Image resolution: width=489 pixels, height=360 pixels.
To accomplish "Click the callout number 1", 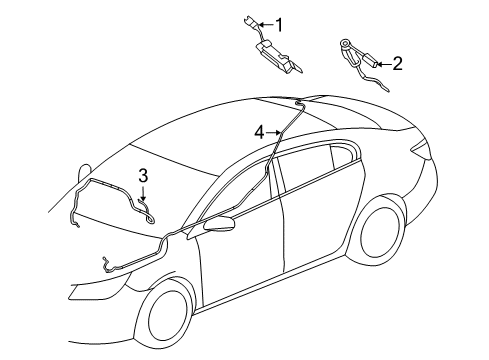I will [x=280, y=24].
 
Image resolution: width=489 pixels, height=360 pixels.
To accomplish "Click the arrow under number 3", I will [x=144, y=195].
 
